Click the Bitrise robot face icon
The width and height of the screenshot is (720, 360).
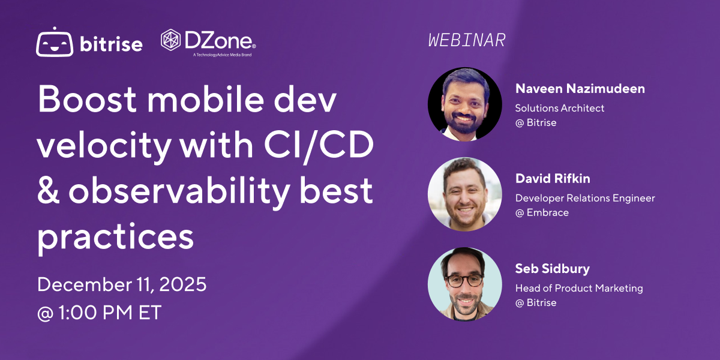point(55,43)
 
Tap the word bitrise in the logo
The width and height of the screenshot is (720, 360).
point(111,44)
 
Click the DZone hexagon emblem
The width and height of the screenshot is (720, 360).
point(172,40)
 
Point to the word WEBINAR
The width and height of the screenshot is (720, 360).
point(467,40)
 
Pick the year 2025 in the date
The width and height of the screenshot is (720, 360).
point(180,284)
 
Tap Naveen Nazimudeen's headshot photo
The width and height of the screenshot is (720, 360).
point(464,104)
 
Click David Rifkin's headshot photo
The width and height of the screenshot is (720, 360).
point(464,194)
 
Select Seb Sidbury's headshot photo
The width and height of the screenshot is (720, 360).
point(464,283)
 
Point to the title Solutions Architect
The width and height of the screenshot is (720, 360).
point(560,108)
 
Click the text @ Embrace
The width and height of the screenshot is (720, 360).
point(541,212)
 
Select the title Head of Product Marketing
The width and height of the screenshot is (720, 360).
point(579,288)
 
